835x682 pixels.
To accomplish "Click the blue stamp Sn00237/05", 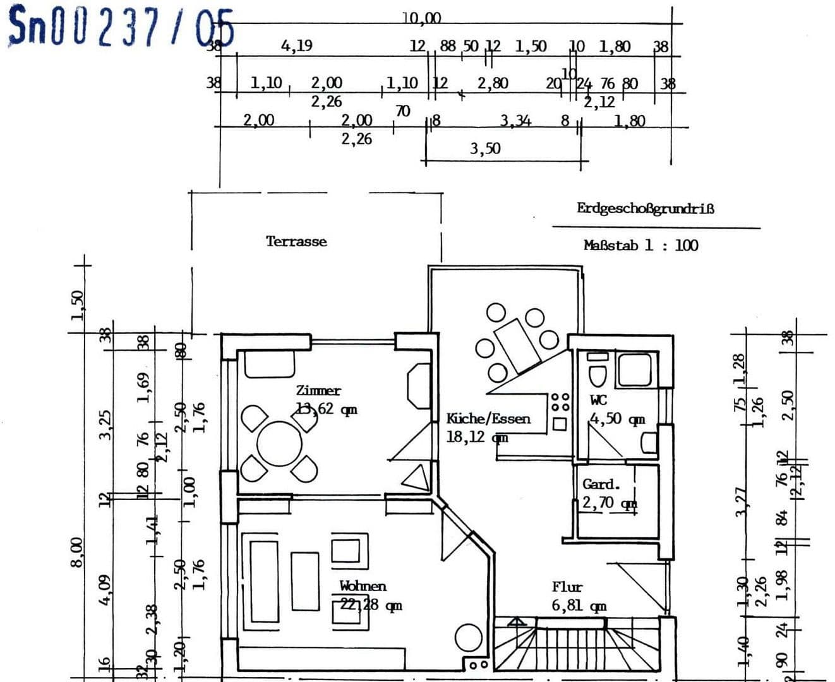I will tap(120, 27).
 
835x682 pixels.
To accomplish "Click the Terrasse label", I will tap(296, 241).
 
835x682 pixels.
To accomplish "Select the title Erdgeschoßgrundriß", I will tap(645, 208).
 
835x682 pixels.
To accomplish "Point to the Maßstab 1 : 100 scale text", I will tap(640, 246).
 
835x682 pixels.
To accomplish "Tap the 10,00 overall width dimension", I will tap(422, 18).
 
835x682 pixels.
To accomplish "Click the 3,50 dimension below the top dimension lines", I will tap(485, 148).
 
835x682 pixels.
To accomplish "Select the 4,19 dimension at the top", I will tap(296, 45).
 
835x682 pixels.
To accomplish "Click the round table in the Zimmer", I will tap(279, 443).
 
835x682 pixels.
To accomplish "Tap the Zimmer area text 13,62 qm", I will tap(327, 409).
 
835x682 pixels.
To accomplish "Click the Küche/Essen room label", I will tap(488, 418).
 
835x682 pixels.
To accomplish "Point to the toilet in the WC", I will tap(598, 373).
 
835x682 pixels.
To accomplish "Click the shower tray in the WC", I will tap(634, 370).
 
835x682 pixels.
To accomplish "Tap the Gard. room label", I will tap(601, 484).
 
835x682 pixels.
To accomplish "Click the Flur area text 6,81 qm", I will tap(579, 606).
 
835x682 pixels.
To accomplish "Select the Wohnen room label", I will tap(363, 586).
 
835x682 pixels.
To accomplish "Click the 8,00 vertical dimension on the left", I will tap(76, 551).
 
